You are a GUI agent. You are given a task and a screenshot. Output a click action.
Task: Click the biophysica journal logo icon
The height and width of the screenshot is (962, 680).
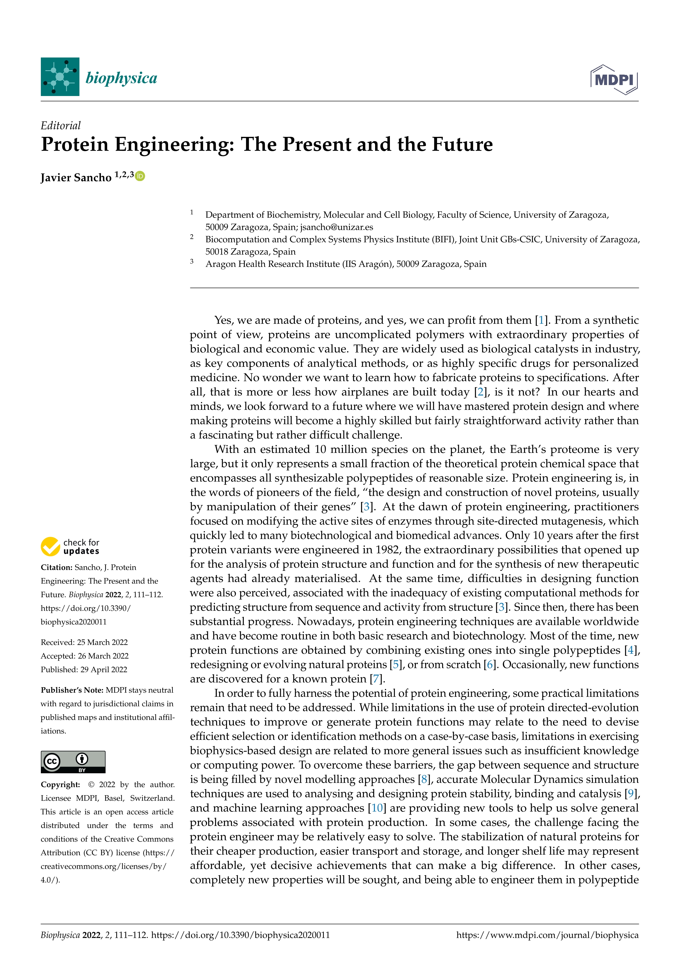[x=60, y=77]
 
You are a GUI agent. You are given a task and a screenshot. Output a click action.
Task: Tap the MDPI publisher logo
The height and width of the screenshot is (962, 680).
[x=614, y=79]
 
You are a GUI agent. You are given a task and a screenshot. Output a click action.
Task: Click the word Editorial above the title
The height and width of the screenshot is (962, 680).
[x=61, y=126]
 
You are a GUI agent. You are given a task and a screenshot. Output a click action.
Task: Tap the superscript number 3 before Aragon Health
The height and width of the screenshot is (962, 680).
[x=192, y=261]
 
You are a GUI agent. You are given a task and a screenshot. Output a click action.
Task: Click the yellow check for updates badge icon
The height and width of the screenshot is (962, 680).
[x=50, y=546]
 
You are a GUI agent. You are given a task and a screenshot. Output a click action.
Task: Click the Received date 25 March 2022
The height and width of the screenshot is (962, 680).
[x=102, y=642]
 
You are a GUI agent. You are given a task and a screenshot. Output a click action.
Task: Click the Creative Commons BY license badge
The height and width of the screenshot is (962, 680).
[x=73, y=762]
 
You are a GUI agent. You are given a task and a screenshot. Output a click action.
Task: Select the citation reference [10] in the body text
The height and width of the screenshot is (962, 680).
[x=377, y=808]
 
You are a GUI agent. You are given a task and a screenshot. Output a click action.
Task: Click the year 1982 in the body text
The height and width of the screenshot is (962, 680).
[x=387, y=550]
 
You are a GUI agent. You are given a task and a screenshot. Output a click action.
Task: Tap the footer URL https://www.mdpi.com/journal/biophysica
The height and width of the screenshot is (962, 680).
[x=547, y=935]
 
